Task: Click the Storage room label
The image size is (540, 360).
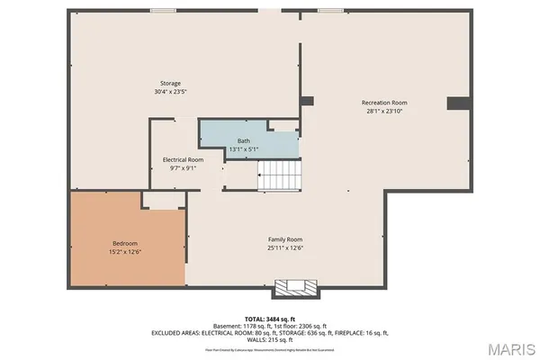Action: click(x=171, y=83)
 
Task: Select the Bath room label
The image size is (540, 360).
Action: click(x=244, y=140)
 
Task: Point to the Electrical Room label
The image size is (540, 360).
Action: click(x=181, y=159)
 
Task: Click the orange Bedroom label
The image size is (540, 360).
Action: click(x=125, y=244)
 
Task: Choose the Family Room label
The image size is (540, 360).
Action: click(x=284, y=239)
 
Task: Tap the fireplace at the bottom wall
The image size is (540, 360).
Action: click(x=296, y=288)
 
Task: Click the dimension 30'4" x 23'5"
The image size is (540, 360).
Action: click(x=171, y=91)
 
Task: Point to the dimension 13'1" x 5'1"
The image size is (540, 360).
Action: click(x=244, y=148)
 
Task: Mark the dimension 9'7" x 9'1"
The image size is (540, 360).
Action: click(x=181, y=167)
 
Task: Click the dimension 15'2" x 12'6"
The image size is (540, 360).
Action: click(x=125, y=252)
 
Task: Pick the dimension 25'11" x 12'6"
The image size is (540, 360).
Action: click(x=284, y=248)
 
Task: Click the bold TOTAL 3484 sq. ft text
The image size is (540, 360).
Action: click(x=270, y=319)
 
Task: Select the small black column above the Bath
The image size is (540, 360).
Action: click(x=307, y=101)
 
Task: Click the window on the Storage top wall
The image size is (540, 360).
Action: click(x=163, y=10)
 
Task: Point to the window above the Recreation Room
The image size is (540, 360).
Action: click(x=329, y=10)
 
